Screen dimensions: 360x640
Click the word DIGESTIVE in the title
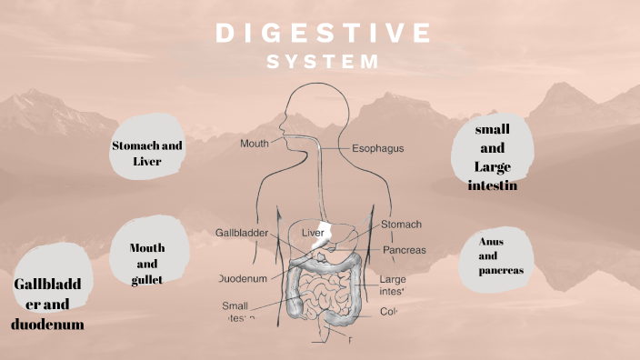[x=323, y=33]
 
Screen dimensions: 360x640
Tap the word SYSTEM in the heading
[x=323, y=62]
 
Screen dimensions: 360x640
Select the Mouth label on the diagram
[x=255, y=144]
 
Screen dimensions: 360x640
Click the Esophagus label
[x=378, y=147]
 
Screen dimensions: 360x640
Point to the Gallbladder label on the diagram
[x=242, y=233]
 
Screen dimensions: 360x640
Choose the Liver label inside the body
[x=313, y=233]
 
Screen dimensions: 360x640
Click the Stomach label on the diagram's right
[x=401, y=224]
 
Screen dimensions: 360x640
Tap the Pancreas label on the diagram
[x=405, y=250]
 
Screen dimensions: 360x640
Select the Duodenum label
[x=243, y=277]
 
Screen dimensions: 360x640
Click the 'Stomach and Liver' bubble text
[x=147, y=153]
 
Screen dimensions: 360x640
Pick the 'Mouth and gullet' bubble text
[x=146, y=264]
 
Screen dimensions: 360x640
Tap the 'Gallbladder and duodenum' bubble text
[x=48, y=304]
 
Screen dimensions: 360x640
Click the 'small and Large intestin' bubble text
[x=492, y=156]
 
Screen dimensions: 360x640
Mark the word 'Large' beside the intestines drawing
[x=393, y=279]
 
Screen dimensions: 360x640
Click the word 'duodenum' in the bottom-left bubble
[x=48, y=324]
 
